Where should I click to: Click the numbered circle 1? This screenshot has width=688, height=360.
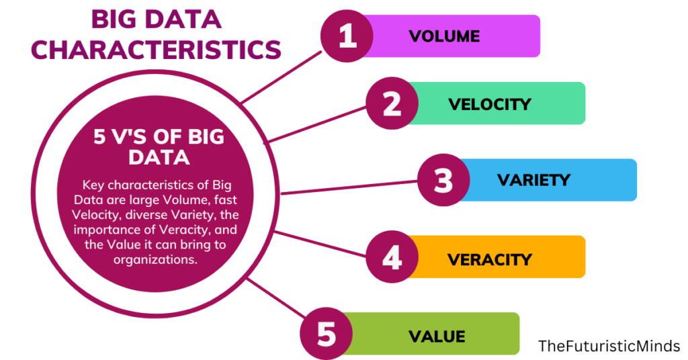click(x=347, y=36)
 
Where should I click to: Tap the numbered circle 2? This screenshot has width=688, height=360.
click(x=392, y=103)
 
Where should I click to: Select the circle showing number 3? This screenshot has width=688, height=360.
click(x=443, y=180)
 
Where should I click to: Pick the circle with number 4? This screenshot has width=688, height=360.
click(x=392, y=258)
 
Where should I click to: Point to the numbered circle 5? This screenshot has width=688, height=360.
click(x=326, y=334)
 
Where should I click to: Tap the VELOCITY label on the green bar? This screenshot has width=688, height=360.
click(x=490, y=104)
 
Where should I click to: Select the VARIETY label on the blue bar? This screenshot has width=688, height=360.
click(x=533, y=180)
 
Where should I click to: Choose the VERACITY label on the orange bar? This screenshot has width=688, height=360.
click(x=489, y=259)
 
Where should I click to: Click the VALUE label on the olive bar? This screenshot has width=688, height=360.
click(x=436, y=334)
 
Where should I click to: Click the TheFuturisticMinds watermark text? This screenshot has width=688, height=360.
click(x=609, y=347)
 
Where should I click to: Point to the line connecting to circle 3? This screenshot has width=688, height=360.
click(x=349, y=187)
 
